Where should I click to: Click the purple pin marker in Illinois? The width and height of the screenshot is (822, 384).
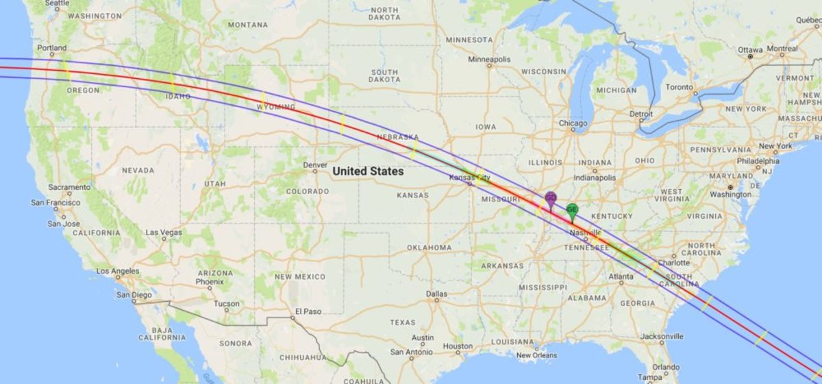pyautogui.click(x=550, y=200)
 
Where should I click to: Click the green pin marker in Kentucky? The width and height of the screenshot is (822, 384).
pyautogui.click(x=572, y=211)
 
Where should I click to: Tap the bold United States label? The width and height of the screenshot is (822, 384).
pyautogui.click(x=367, y=171)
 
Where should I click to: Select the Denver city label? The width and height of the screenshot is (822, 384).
pyautogui.click(x=315, y=165)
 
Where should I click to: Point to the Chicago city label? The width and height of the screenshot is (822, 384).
pyautogui.click(x=573, y=124)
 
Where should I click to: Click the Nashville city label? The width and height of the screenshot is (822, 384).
pyautogui.click(x=585, y=233)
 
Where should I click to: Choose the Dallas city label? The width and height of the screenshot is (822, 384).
pyautogui.click(x=436, y=293)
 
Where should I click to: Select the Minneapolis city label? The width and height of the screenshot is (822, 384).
pyautogui.click(x=489, y=60)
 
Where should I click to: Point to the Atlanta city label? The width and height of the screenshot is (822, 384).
pyautogui.click(x=621, y=277)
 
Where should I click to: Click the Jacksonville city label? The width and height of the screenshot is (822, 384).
pyautogui.click(x=662, y=337)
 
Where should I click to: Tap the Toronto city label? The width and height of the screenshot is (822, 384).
pyautogui.click(x=680, y=87)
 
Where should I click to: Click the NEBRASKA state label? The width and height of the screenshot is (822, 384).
pyautogui.click(x=397, y=137)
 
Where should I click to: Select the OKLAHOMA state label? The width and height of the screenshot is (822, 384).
pyautogui.click(x=429, y=248)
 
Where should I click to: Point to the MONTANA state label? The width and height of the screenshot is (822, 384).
pyautogui.click(x=248, y=25)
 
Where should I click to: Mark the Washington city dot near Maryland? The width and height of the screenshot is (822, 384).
pyautogui.click(x=730, y=187)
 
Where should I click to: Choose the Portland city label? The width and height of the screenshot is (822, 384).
pyautogui.click(x=52, y=48)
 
